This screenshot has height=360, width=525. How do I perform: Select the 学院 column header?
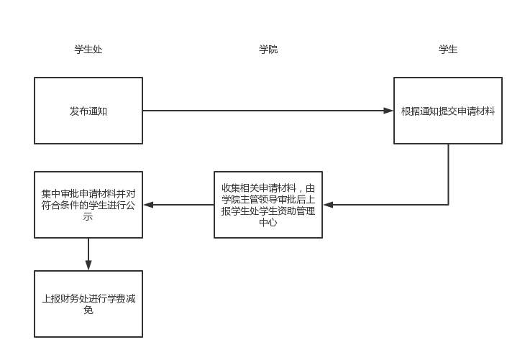coord(268,50)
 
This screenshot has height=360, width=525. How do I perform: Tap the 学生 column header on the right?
coord(448,50)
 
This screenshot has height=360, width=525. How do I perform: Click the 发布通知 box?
coord(88,111)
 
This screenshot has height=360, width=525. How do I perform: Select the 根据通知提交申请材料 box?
coord(447,111)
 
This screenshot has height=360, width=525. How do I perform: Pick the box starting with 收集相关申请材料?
coord(268,205)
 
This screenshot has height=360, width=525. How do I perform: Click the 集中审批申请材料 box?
coord(88,205)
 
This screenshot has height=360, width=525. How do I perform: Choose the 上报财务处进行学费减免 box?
coord(88,304)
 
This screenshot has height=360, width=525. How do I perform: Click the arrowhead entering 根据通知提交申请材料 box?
coord(388,111)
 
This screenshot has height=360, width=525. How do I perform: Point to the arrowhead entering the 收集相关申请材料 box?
coord(327,205)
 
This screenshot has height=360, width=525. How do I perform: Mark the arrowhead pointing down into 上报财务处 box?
coord(88,265)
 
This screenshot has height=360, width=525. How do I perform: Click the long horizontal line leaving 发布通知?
coord(266,111)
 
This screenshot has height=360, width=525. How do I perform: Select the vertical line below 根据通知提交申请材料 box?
coord(449,172)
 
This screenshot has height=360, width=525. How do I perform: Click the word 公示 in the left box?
coord(88,216)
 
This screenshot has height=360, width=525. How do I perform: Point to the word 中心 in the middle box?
coord(268,223)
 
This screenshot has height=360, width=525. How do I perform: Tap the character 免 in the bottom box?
coord(88,310)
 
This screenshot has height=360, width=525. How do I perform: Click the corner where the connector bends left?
coord(449,205)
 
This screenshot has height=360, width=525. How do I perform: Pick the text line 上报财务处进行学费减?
coord(88,298)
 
